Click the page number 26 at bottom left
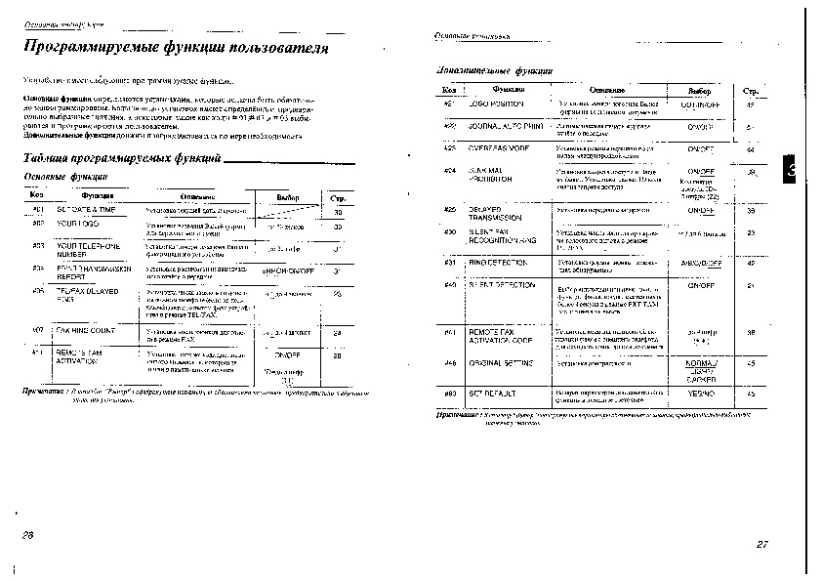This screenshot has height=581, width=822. coord(27,536)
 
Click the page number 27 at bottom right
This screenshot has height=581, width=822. coord(762,544)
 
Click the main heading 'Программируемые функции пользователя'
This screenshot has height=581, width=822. coord(176,48)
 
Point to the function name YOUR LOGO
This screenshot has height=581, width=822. coord(81,225)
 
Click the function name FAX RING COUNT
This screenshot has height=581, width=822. coord(86,331)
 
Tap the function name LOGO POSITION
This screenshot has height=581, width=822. coord(496,103)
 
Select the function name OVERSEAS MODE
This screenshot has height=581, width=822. coord(501,148)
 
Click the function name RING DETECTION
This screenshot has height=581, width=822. coord(500,263)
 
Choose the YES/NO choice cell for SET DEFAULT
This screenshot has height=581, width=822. coord(701,393)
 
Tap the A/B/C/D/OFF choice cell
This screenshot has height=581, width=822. coord(701,263)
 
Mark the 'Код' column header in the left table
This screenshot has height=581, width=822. coord(38,195)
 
